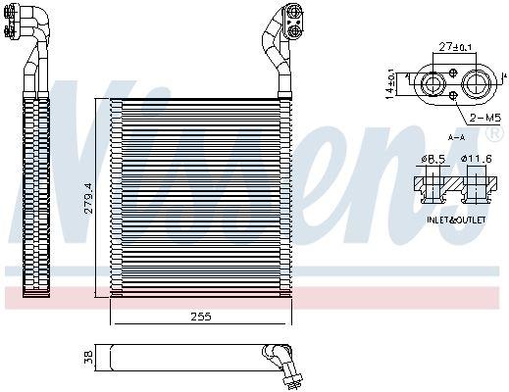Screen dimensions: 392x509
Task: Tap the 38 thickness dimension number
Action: (x=88, y=358)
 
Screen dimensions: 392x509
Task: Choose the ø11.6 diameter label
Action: (x=478, y=158)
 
